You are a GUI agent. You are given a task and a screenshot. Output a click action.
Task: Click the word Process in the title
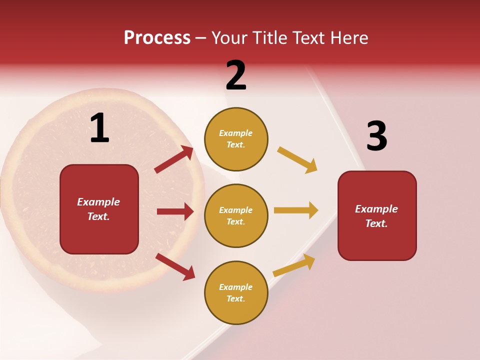(x=157, y=38)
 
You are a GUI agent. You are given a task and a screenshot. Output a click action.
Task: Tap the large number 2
(x=236, y=75)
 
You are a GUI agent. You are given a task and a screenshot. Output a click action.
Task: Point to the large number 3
(x=376, y=136)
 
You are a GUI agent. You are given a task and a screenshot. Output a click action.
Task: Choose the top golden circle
(x=236, y=139)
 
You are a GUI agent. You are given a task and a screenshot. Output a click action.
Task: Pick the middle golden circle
(x=236, y=215)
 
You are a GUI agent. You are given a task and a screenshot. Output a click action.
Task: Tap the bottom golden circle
(x=236, y=292)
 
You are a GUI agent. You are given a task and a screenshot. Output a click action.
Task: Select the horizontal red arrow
(x=175, y=211)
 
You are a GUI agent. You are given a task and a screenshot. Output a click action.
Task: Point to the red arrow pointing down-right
(x=175, y=266)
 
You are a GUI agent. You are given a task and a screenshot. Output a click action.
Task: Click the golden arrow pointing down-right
(x=297, y=160)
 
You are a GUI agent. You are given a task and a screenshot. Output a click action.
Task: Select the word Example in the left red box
(x=98, y=202)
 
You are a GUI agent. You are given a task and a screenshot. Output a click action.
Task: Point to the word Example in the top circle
(x=236, y=133)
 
